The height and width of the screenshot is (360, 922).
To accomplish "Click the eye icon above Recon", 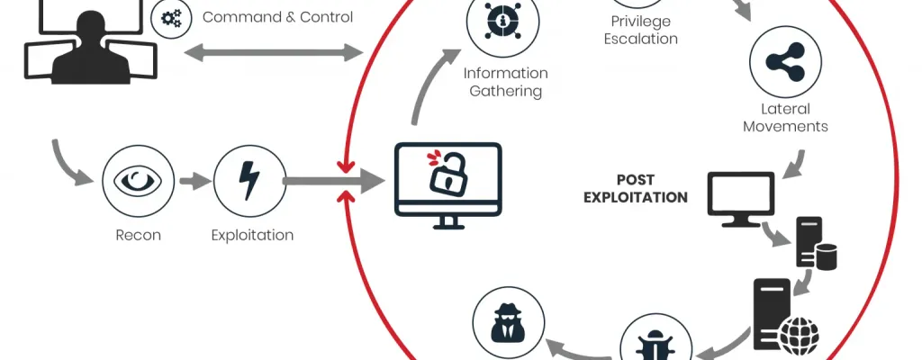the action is (x=138, y=181).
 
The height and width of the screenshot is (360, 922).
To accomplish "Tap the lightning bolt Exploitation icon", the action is (x=249, y=181).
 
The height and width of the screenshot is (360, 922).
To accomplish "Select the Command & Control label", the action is (x=277, y=17).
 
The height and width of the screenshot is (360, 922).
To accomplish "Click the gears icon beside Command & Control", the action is (x=171, y=19).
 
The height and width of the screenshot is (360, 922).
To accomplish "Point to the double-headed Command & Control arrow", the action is (x=274, y=53).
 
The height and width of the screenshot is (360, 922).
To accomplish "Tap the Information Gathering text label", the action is (x=506, y=83).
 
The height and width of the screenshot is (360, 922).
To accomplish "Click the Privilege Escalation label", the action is (x=641, y=31).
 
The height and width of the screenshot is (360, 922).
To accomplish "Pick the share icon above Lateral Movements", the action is (x=785, y=62).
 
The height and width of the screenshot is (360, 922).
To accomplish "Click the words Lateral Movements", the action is (x=785, y=118).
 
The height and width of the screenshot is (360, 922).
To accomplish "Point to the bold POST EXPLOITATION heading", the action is (x=636, y=189).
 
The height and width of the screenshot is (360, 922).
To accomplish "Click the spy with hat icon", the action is (x=509, y=323).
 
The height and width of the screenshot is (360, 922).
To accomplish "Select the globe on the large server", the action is (x=799, y=337).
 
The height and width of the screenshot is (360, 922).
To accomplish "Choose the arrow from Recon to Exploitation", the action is (x=194, y=181).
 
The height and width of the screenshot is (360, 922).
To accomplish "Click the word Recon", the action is (x=138, y=235).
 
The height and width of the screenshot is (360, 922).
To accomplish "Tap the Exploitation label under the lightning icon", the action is (x=252, y=235).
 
